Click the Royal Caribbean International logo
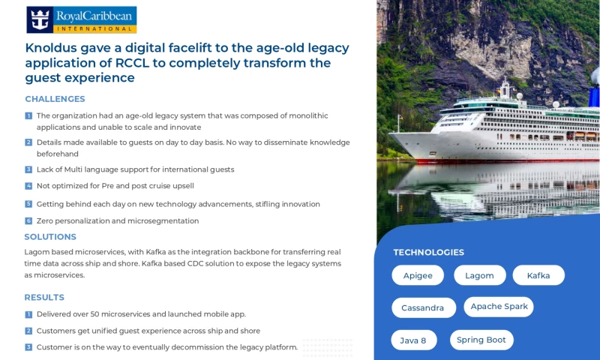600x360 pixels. coord(82,19)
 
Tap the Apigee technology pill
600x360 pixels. coord(418,275)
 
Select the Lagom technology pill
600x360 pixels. coord(479,275)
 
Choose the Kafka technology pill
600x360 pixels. coord(538,275)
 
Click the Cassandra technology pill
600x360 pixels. coord(423,307)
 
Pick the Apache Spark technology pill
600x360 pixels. coord(499,307)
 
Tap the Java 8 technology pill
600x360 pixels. coord(413,340)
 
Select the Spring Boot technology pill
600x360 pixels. coord(481,340)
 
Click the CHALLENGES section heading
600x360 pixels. coord(55,99)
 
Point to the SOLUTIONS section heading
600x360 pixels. coord(50,237)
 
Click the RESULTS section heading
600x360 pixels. coord(44,297)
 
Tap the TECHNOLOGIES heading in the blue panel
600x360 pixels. coord(428,253)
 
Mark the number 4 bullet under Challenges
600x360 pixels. coord(28,186)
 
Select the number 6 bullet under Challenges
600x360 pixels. coord(28,221)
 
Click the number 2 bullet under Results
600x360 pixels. coord(28,331)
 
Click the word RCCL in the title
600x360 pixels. coord(133,63)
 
